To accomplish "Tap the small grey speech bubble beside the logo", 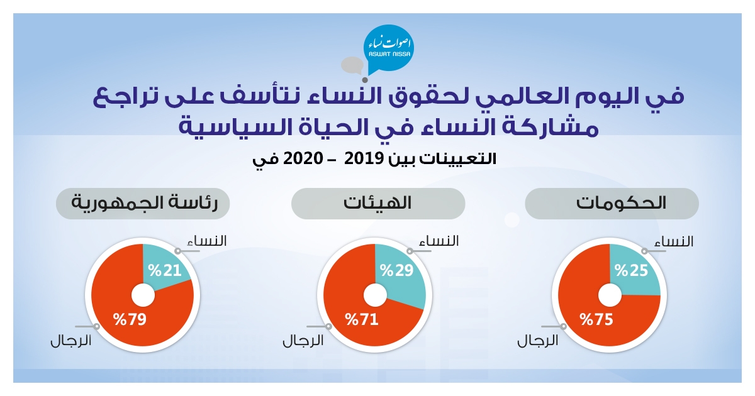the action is pos(352,65).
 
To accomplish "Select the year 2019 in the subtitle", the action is pos(364,158).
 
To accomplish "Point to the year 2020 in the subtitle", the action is pos(303,158).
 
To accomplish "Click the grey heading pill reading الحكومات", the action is pos(612,204).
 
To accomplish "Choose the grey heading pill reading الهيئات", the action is pos(378,204).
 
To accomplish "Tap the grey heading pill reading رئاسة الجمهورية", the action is pos(143,204).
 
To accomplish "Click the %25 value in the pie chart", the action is pos(631,270).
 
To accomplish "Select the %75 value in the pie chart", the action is pos(596,319).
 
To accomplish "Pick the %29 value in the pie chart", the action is pos(397,270).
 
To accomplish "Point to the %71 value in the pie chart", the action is pos(362,319).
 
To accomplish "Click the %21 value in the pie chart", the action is pos(165,270).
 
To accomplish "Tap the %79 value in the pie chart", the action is pos(130,319).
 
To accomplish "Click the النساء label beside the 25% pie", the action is pos(674,241).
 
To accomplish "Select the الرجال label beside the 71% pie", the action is pos(303,341).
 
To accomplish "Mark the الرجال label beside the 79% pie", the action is pos(71,341).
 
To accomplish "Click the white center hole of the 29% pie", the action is pos(375,295).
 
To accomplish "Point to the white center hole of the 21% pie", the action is pos(143,295).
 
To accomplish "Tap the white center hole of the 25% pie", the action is pos(610,295).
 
